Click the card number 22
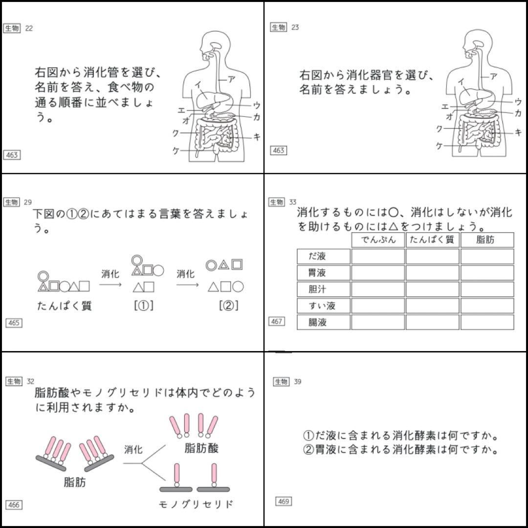(x=29, y=28)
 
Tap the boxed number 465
(x=13, y=323)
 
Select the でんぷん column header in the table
(x=378, y=240)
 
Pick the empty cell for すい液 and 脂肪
(x=487, y=306)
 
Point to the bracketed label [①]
(x=144, y=306)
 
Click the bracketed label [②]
(x=229, y=306)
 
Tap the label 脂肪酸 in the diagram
(x=201, y=448)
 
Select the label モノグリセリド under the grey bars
(x=196, y=504)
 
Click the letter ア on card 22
(x=231, y=78)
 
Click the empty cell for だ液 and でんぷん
(x=378, y=256)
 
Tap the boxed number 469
(x=283, y=502)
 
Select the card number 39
(x=297, y=382)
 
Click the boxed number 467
(x=277, y=322)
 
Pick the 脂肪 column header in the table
(x=487, y=240)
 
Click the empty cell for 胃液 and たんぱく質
(x=432, y=273)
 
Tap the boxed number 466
(x=13, y=505)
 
